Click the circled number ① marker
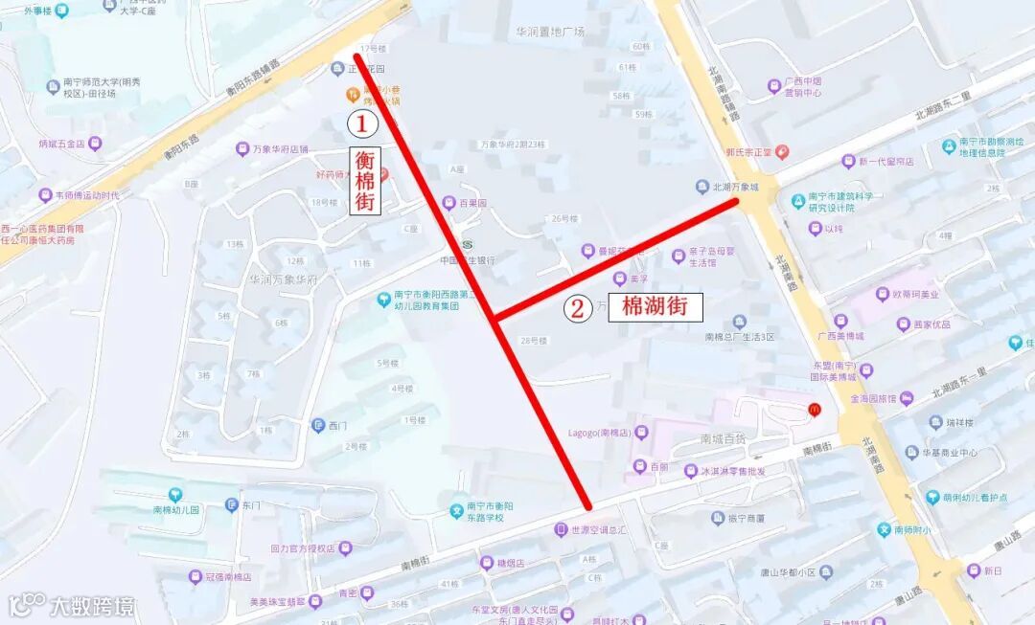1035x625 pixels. click(361, 123)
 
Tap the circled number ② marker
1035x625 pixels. click(577, 308)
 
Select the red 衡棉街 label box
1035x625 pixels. click(364, 181)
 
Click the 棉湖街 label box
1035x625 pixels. click(655, 306)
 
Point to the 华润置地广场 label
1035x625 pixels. click(550, 32)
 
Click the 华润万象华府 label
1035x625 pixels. click(283, 280)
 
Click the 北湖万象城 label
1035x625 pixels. click(735, 187)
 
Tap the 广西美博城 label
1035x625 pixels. click(840, 336)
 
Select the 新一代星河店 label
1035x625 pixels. click(885, 161)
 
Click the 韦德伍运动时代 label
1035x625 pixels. click(86, 195)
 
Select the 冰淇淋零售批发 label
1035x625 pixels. click(732, 471)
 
